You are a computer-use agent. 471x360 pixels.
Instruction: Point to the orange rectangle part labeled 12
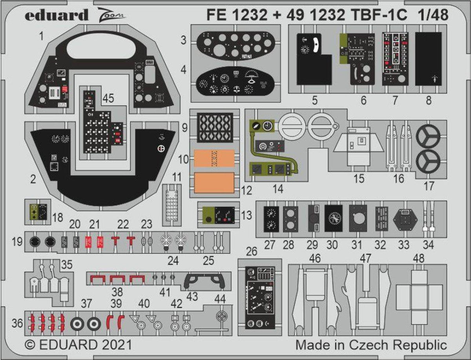coord(215,182)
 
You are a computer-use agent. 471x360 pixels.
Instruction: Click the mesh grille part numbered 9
coord(215,126)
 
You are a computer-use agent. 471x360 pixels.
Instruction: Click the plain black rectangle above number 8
coord(428,59)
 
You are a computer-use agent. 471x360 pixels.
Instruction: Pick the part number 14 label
coord(278,188)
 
